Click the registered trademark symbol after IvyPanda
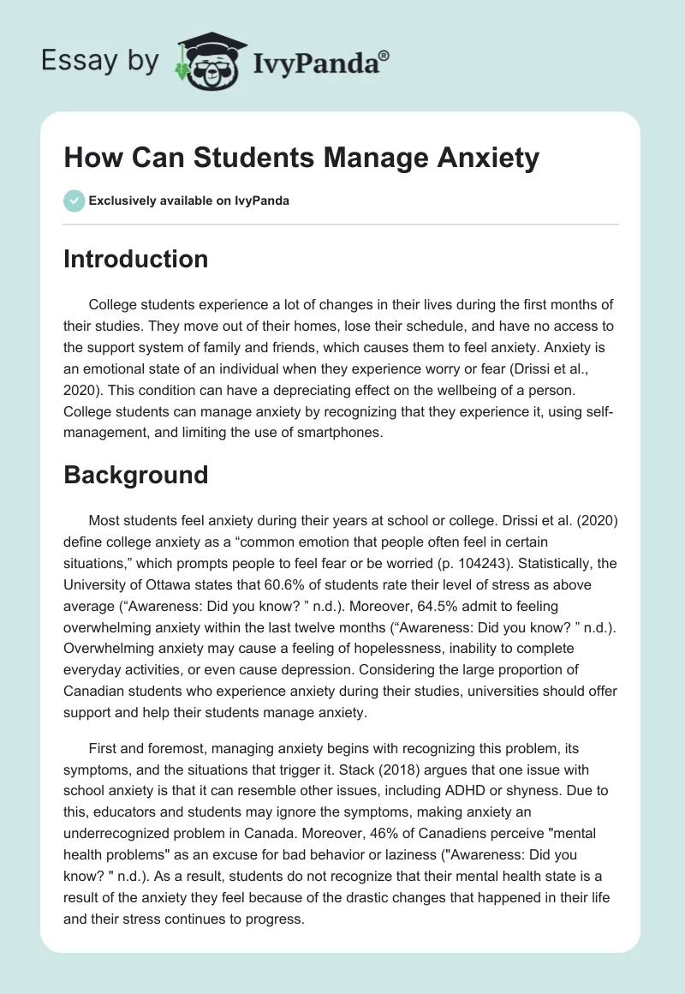[384, 54]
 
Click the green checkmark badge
[74, 201]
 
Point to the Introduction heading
[135, 259]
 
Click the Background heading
[135, 475]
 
